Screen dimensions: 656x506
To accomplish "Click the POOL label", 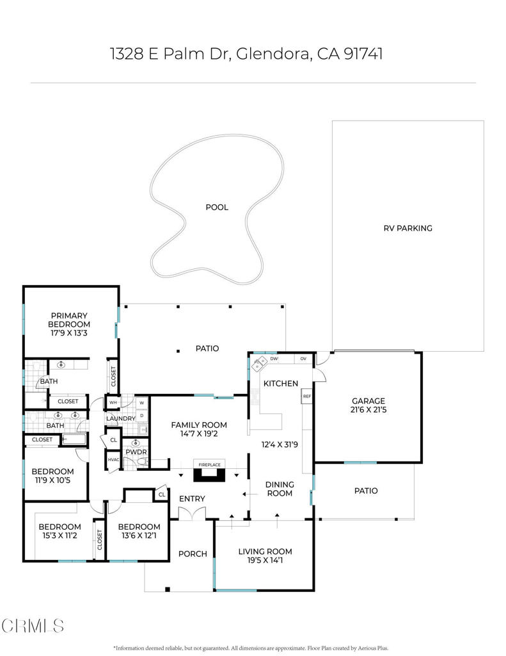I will [x=216, y=207].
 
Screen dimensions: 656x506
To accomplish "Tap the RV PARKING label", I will [x=407, y=228].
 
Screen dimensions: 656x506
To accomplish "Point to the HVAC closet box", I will [x=113, y=460].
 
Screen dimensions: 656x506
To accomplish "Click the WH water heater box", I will [x=113, y=403].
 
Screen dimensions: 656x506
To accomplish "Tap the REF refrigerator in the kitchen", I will [x=306, y=397].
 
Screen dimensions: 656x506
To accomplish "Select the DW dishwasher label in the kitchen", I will [x=274, y=359].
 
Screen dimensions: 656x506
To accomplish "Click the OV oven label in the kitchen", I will [x=303, y=359].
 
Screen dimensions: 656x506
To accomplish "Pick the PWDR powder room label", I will [x=136, y=452].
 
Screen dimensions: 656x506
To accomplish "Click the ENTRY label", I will [x=191, y=499].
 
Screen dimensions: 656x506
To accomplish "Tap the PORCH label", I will [x=192, y=553].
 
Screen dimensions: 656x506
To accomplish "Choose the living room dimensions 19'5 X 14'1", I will [x=265, y=561].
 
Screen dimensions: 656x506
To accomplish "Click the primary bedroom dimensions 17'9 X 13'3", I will [x=70, y=333].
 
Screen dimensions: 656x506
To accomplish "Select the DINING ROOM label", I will [x=280, y=489].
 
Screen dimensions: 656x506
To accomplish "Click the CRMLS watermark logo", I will [x=33, y=625].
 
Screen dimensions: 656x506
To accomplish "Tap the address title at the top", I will [x=246, y=54].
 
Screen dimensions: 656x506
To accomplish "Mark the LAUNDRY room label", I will [x=120, y=418].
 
